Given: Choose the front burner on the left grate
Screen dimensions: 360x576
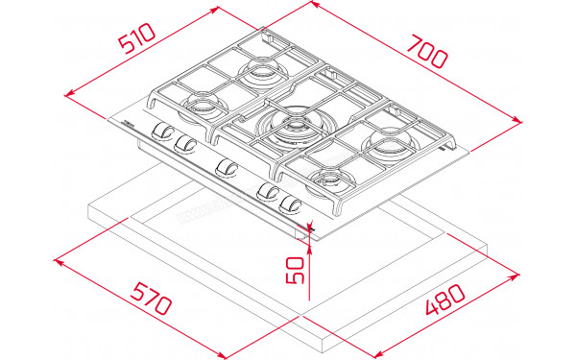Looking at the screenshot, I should pyautogui.click(x=204, y=104).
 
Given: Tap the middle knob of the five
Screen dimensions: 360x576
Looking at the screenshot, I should pyautogui.click(x=227, y=168).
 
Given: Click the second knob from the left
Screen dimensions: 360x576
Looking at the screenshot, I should pyautogui.click(x=184, y=144).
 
